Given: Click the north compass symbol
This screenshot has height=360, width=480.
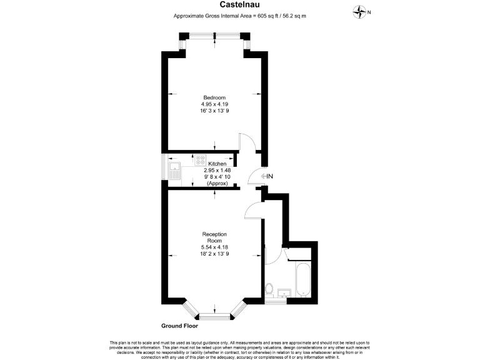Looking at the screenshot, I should [x=361, y=11].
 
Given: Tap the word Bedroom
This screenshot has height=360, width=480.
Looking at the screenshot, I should [x=214, y=97].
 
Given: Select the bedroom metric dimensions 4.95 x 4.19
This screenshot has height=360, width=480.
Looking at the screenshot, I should [x=214, y=104].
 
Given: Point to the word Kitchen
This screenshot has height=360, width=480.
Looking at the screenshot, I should [x=217, y=163].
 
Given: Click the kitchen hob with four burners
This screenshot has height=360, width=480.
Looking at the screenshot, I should [x=201, y=160].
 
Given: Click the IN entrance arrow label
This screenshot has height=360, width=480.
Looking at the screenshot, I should [x=267, y=177].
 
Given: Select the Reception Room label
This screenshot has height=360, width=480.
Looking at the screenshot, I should [x=214, y=237].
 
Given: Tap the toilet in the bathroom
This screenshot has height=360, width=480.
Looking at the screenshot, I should [x=269, y=289].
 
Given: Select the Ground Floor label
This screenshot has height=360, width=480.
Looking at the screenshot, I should [x=181, y=326].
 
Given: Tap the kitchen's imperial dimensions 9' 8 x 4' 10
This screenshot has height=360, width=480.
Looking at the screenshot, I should [x=217, y=177].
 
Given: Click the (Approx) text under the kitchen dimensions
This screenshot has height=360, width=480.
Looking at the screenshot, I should [x=217, y=184].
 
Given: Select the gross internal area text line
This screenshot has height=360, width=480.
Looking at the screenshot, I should [x=240, y=16].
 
